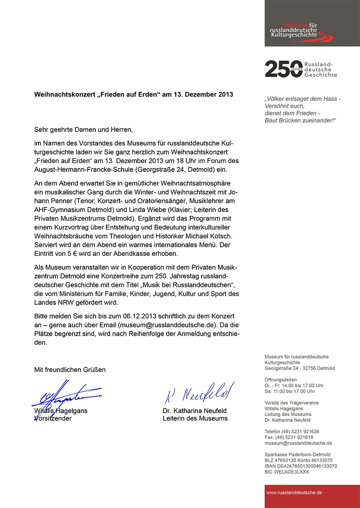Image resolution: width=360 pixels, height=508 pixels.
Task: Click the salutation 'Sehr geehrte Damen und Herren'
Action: point(86,130)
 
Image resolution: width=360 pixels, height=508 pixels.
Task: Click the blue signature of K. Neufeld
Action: point(199,393)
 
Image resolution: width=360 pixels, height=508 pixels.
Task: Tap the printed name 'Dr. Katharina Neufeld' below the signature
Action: point(194,411)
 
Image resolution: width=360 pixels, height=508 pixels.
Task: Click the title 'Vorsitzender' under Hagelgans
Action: point(53,418)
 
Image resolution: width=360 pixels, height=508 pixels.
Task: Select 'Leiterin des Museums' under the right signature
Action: point(195,418)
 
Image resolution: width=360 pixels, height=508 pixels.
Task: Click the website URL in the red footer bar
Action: point(294,493)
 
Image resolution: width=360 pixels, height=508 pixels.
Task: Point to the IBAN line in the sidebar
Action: point(301,466)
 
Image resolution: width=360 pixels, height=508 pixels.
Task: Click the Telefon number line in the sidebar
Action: point(292,431)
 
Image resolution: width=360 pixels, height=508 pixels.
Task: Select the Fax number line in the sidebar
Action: point(289,437)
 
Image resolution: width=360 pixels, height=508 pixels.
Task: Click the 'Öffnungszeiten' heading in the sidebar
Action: point(280,380)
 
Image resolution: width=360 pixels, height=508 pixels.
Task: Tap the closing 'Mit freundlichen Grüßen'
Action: point(70,370)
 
